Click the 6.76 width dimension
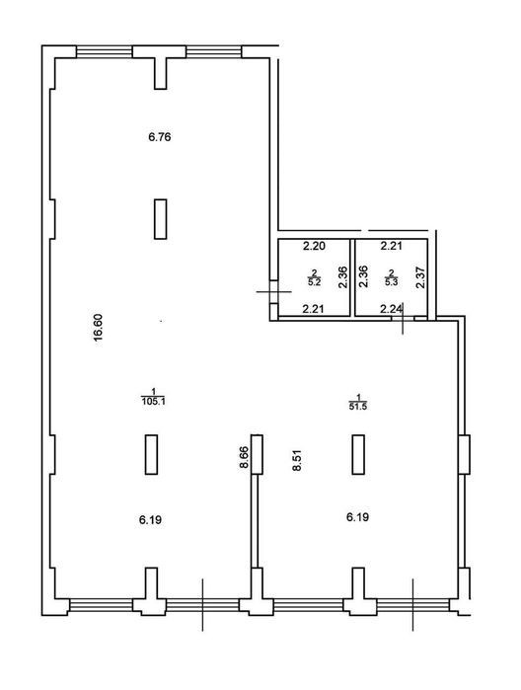click(160, 137)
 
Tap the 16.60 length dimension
click(98, 327)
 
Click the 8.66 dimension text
click(245, 458)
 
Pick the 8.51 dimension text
click(297, 460)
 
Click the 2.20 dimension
click(314, 246)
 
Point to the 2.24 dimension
click(391, 309)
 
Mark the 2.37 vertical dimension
click(421, 277)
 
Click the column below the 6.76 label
click(161, 219)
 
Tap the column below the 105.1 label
click(151, 455)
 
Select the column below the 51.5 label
click(358, 455)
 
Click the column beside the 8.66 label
click(257, 455)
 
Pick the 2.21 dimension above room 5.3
click(391, 246)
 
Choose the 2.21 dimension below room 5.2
click(314, 309)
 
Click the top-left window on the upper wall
click(105, 51)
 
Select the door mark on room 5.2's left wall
click(273, 291)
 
